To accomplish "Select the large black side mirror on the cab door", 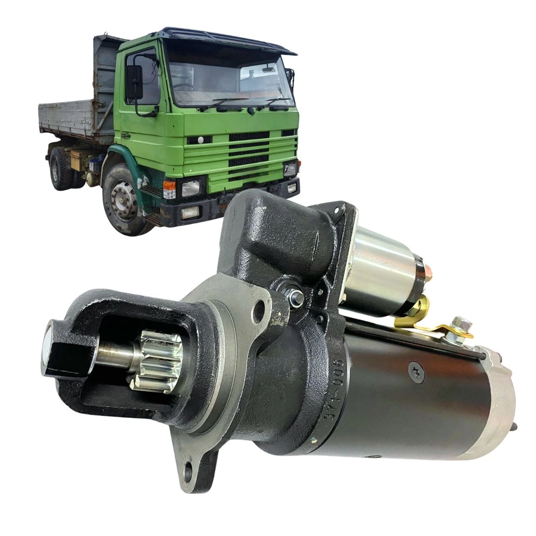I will [134, 82].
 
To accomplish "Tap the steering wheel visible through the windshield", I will [184, 87].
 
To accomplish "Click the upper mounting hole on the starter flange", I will [259, 312].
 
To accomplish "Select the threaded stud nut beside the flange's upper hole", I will [296, 298].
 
